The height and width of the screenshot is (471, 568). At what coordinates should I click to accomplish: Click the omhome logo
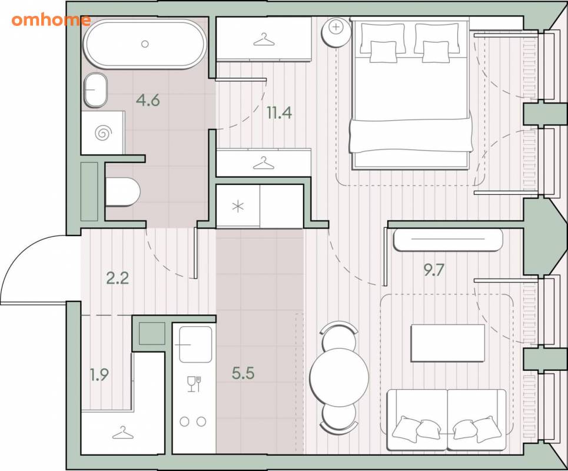pyautogui.click(x=51, y=20)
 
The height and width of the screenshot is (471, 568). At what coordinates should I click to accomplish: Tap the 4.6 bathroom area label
pyautogui.click(x=148, y=100)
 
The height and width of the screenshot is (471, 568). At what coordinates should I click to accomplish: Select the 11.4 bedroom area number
pyautogui.click(x=279, y=113)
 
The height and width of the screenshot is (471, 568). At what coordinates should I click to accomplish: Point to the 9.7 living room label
pyautogui.click(x=434, y=270)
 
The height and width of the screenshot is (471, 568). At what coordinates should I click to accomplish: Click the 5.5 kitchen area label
pyautogui.click(x=243, y=373)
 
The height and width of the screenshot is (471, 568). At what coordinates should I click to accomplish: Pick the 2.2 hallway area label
pyautogui.click(x=118, y=278)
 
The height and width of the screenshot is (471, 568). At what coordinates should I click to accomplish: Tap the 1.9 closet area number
pyautogui.click(x=99, y=374)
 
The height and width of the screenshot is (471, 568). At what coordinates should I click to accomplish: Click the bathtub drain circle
pyautogui.click(x=145, y=44)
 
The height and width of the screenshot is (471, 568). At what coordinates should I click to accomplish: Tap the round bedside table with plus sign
pyautogui.click(x=337, y=32)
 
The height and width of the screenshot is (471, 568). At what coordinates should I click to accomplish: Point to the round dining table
pyautogui.click(x=339, y=377)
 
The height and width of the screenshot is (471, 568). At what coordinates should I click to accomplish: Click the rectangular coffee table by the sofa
pyautogui.click(x=448, y=343)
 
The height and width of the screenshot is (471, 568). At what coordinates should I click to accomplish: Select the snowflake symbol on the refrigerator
pyautogui.click(x=238, y=207)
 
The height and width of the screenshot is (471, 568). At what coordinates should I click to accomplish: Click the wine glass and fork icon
pyautogui.click(x=194, y=384)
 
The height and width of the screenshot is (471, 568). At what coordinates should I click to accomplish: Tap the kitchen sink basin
pyautogui.click(x=195, y=344)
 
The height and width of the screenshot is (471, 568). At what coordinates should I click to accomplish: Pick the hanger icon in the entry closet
pyautogui.click(x=123, y=433)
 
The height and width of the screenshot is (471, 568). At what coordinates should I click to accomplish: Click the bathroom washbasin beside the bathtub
pyautogui.click(x=95, y=90)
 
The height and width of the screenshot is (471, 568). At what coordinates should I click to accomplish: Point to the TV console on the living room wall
pyautogui.click(x=448, y=240)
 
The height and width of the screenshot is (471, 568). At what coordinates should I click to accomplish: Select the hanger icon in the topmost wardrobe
pyautogui.click(x=264, y=40)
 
